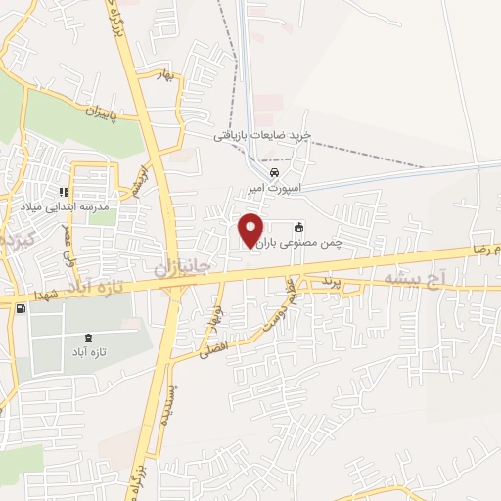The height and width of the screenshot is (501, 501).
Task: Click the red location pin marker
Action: [251, 230]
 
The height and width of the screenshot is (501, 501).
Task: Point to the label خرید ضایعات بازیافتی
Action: [263, 136]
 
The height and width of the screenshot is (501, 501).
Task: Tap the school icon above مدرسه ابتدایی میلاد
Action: [63, 192]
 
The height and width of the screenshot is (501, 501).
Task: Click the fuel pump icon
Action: [20, 308]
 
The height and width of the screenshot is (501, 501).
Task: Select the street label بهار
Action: [166, 74]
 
